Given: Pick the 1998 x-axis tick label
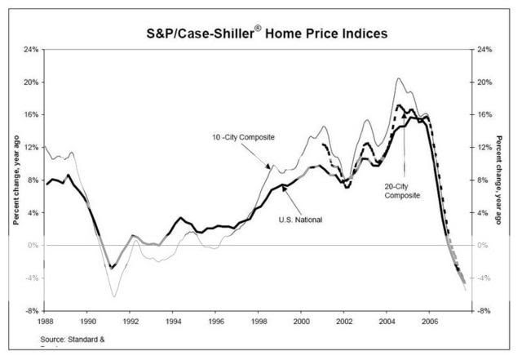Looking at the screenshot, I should pos(259,322).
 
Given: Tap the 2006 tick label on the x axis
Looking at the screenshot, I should pos(429,322).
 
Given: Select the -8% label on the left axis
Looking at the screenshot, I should pos(30,311).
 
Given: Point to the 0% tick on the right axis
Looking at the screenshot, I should pos(482,246).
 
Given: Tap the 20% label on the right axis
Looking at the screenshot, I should pos(484,82).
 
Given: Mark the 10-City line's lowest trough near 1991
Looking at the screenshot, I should pos(113,296).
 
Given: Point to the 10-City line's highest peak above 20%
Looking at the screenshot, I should pos(398,78).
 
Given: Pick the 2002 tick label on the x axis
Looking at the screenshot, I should pos(343,322).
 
